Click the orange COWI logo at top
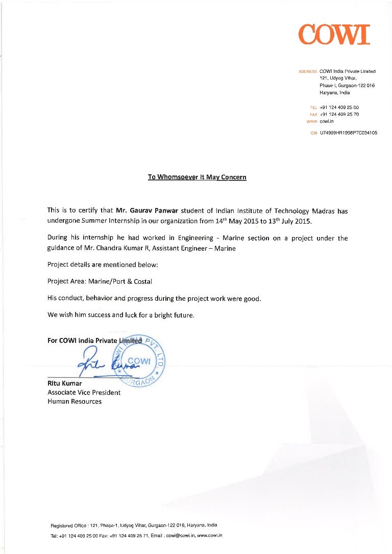pyautogui.click(x=334, y=34)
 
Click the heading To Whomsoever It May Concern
pyautogui.click(x=197, y=177)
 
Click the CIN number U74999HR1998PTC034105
pyautogui.click(x=348, y=133)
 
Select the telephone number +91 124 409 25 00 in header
pyautogui.click(x=339, y=108)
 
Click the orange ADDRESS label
pyautogui.click(x=307, y=71)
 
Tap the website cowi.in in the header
pyautogui.click(x=327, y=122)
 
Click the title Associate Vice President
pyautogui.click(x=84, y=392)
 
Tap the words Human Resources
pyautogui.click(x=74, y=402)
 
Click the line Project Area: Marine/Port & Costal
pyautogui.click(x=100, y=281)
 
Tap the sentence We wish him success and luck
pyautogui.click(x=120, y=315)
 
